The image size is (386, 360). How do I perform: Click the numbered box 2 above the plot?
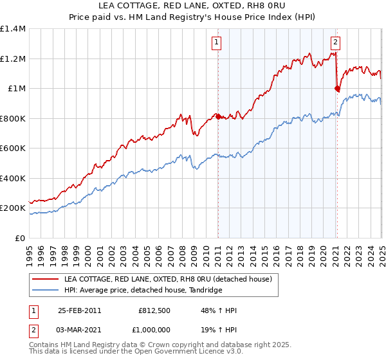click(336, 43)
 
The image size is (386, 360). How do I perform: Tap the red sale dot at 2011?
click(218, 116)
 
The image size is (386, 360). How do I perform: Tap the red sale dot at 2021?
click(337, 89)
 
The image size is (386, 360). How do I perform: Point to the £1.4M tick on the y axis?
click(13, 29)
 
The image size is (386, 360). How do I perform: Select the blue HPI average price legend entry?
click(143, 291)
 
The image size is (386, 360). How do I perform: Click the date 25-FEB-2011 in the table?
click(80, 310)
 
